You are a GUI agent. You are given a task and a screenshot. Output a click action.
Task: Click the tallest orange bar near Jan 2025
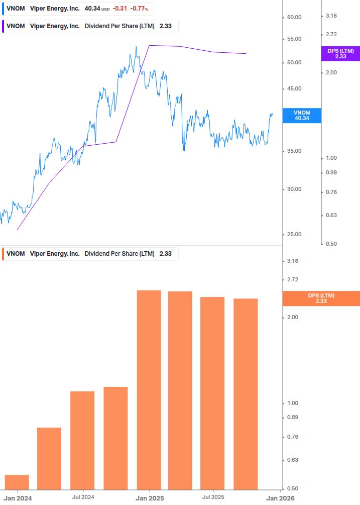pyautogui.click(x=149, y=389)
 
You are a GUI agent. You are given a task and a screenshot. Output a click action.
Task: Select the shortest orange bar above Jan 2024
pyautogui.click(x=17, y=482)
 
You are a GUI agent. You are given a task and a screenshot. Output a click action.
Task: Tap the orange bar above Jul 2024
pyautogui.click(x=82, y=440)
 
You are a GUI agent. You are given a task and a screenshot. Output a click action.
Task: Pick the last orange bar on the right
pyautogui.click(x=246, y=393)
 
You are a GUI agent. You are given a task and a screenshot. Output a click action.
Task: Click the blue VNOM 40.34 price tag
pyautogui.click(x=302, y=116)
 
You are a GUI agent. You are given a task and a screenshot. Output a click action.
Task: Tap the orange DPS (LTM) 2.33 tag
pyautogui.click(x=321, y=298)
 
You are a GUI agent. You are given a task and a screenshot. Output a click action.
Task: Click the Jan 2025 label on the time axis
pyautogui.click(x=149, y=497)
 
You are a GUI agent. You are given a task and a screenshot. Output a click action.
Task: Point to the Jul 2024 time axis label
pyautogui.click(x=83, y=497)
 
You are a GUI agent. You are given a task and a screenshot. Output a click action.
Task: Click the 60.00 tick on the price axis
pyautogui.click(x=294, y=17)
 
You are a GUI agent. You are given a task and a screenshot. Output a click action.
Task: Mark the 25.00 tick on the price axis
pyautogui.click(x=294, y=235)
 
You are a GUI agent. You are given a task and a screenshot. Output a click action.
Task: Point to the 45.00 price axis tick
pyautogui.click(x=294, y=89)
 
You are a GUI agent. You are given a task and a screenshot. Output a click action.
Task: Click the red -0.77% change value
pyautogui.click(x=139, y=9)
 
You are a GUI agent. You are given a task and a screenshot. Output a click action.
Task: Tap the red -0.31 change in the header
pyautogui.click(x=119, y=9)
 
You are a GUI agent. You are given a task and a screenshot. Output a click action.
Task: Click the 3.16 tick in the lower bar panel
pyautogui.click(x=292, y=261)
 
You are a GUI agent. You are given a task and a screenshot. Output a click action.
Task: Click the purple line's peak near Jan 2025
pyautogui.click(x=149, y=45)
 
